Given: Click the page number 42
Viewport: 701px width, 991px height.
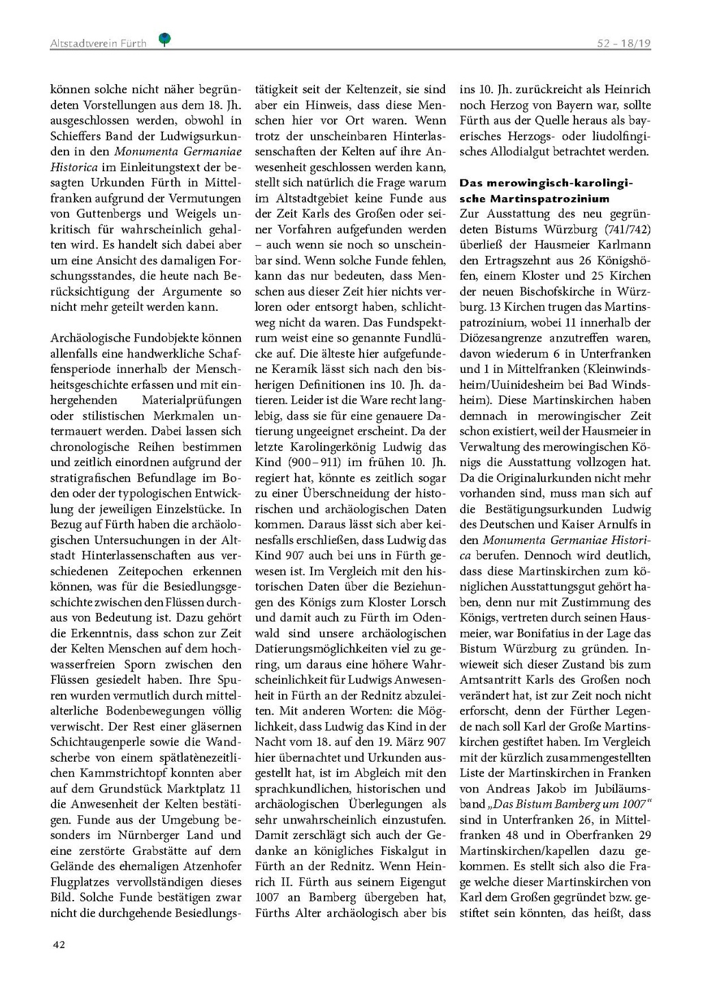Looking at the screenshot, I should coord(59,945).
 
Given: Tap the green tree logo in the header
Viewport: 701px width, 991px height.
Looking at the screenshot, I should coord(164,40).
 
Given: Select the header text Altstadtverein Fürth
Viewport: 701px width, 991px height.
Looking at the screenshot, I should coord(98,43).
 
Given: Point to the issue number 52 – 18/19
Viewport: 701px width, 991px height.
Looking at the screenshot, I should coord(624,43).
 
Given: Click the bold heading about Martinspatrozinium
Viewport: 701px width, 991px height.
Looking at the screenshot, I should coord(546,191).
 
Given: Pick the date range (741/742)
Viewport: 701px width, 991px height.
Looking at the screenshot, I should coord(626,229).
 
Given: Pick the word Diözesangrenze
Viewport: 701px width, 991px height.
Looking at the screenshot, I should coord(501,338).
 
